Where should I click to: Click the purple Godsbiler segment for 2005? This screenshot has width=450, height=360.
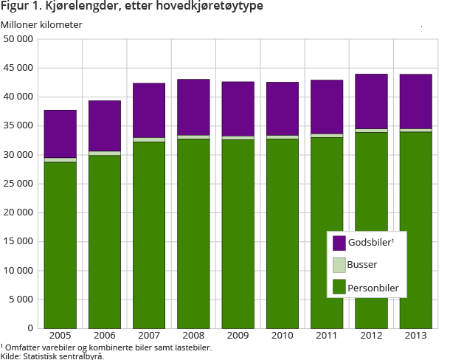coord(60,134)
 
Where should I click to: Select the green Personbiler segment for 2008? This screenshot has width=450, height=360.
coord(193,233)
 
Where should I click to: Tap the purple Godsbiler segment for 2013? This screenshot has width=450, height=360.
coord(415,101)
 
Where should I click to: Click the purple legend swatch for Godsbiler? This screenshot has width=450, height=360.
coord(339,243)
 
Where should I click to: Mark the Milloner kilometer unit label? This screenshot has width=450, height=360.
coord(42,24)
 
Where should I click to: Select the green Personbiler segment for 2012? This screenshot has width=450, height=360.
coord(371,229)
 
